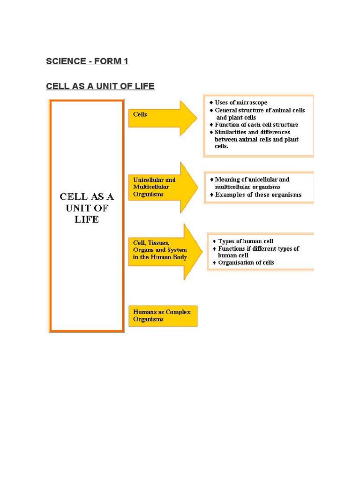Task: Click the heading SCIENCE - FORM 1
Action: click(87, 61)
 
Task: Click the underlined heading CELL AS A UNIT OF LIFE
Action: click(100, 86)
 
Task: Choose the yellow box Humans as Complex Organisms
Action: click(163, 315)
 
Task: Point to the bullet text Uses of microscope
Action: click(241, 102)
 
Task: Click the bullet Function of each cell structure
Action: click(256, 125)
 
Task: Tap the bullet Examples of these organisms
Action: click(258, 195)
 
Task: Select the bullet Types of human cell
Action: click(245, 241)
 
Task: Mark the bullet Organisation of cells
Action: click(246, 262)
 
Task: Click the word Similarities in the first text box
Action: click(231, 132)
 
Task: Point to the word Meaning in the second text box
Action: click(227, 180)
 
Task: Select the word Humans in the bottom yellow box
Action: click(144, 312)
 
